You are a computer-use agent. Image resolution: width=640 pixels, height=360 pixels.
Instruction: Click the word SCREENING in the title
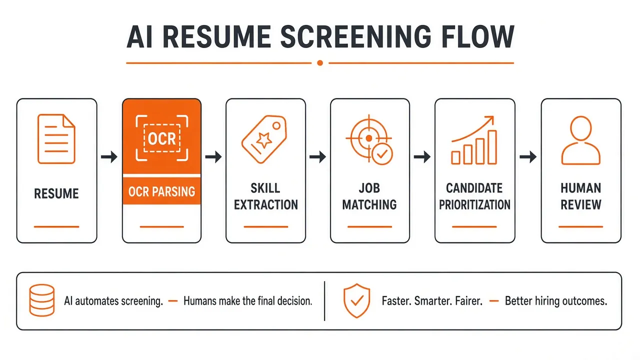point(355,37)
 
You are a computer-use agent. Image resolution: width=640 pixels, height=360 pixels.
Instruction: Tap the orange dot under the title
point(320,63)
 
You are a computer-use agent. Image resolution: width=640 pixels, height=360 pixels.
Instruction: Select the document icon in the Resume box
point(56,139)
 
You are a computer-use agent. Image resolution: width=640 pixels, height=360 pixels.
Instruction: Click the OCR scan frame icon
point(161,138)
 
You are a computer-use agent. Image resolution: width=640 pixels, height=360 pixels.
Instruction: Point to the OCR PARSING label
point(161,191)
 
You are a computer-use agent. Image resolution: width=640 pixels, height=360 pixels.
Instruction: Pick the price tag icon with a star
point(264,139)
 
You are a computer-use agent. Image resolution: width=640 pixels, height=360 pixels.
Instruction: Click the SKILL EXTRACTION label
point(265,196)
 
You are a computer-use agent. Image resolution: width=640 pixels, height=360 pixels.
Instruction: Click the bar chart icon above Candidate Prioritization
point(474,140)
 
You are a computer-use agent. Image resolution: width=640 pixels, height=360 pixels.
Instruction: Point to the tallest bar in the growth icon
point(492,147)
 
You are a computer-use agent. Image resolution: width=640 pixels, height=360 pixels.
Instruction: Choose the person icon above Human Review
point(580,140)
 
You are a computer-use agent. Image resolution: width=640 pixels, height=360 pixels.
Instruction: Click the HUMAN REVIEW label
point(581,196)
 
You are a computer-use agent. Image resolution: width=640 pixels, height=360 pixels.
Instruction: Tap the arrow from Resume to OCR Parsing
point(109,156)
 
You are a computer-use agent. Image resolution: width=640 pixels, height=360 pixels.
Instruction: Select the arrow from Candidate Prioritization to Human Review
point(528,156)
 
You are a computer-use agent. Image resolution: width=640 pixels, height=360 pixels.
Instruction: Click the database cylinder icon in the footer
point(42,300)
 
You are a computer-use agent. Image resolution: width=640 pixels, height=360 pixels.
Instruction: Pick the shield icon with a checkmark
point(356,300)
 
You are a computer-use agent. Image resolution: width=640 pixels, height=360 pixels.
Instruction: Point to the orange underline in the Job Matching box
point(369,227)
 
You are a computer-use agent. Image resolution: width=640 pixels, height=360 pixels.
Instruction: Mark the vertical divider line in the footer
point(324,301)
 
